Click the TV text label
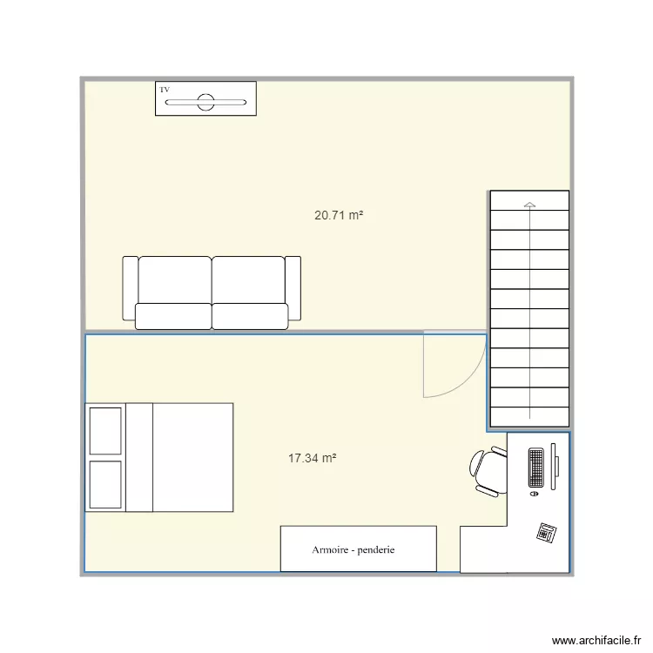[164, 89]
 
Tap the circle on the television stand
[205, 102]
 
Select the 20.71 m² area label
[339, 215]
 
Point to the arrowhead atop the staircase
[529, 205]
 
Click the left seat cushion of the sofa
[174, 315]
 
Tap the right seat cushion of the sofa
[250, 315]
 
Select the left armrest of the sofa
[130, 287]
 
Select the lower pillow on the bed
[105, 484]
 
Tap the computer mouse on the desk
[534, 494]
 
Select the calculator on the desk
[547, 532]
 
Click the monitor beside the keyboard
[555, 466]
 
